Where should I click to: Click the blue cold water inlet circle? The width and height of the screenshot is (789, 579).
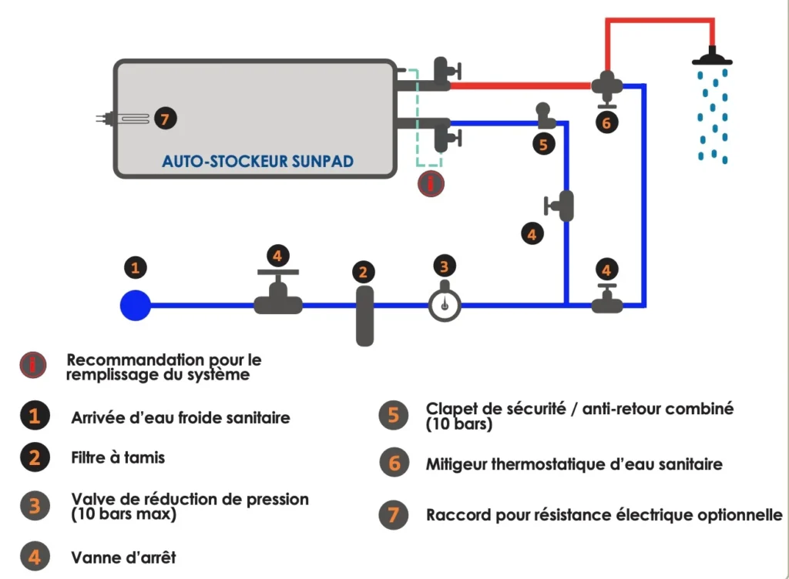[x=136, y=305]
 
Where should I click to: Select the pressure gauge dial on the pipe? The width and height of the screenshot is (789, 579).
[x=445, y=303]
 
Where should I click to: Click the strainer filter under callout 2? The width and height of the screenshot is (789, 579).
[x=364, y=316]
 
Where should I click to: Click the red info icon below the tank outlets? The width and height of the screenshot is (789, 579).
[x=431, y=184]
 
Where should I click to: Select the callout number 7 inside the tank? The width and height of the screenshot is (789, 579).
[x=165, y=119]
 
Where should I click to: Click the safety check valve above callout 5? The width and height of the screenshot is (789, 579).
[x=545, y=115]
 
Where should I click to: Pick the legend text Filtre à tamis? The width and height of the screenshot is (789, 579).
[x=118, y=457]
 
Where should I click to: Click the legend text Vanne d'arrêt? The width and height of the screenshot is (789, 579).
[x=123, y=556]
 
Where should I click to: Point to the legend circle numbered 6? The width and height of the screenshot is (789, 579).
[x=394, y=464]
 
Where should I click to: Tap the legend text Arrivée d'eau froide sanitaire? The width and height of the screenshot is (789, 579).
[x=180, y=418]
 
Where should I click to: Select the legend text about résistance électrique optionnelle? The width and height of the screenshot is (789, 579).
[x=604, y=514]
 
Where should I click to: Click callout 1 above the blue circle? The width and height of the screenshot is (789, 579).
[x=136, y=268]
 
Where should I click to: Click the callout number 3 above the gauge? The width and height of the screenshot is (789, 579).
[x=444, y=266]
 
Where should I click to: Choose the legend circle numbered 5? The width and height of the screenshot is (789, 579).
[x=394, y=415]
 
